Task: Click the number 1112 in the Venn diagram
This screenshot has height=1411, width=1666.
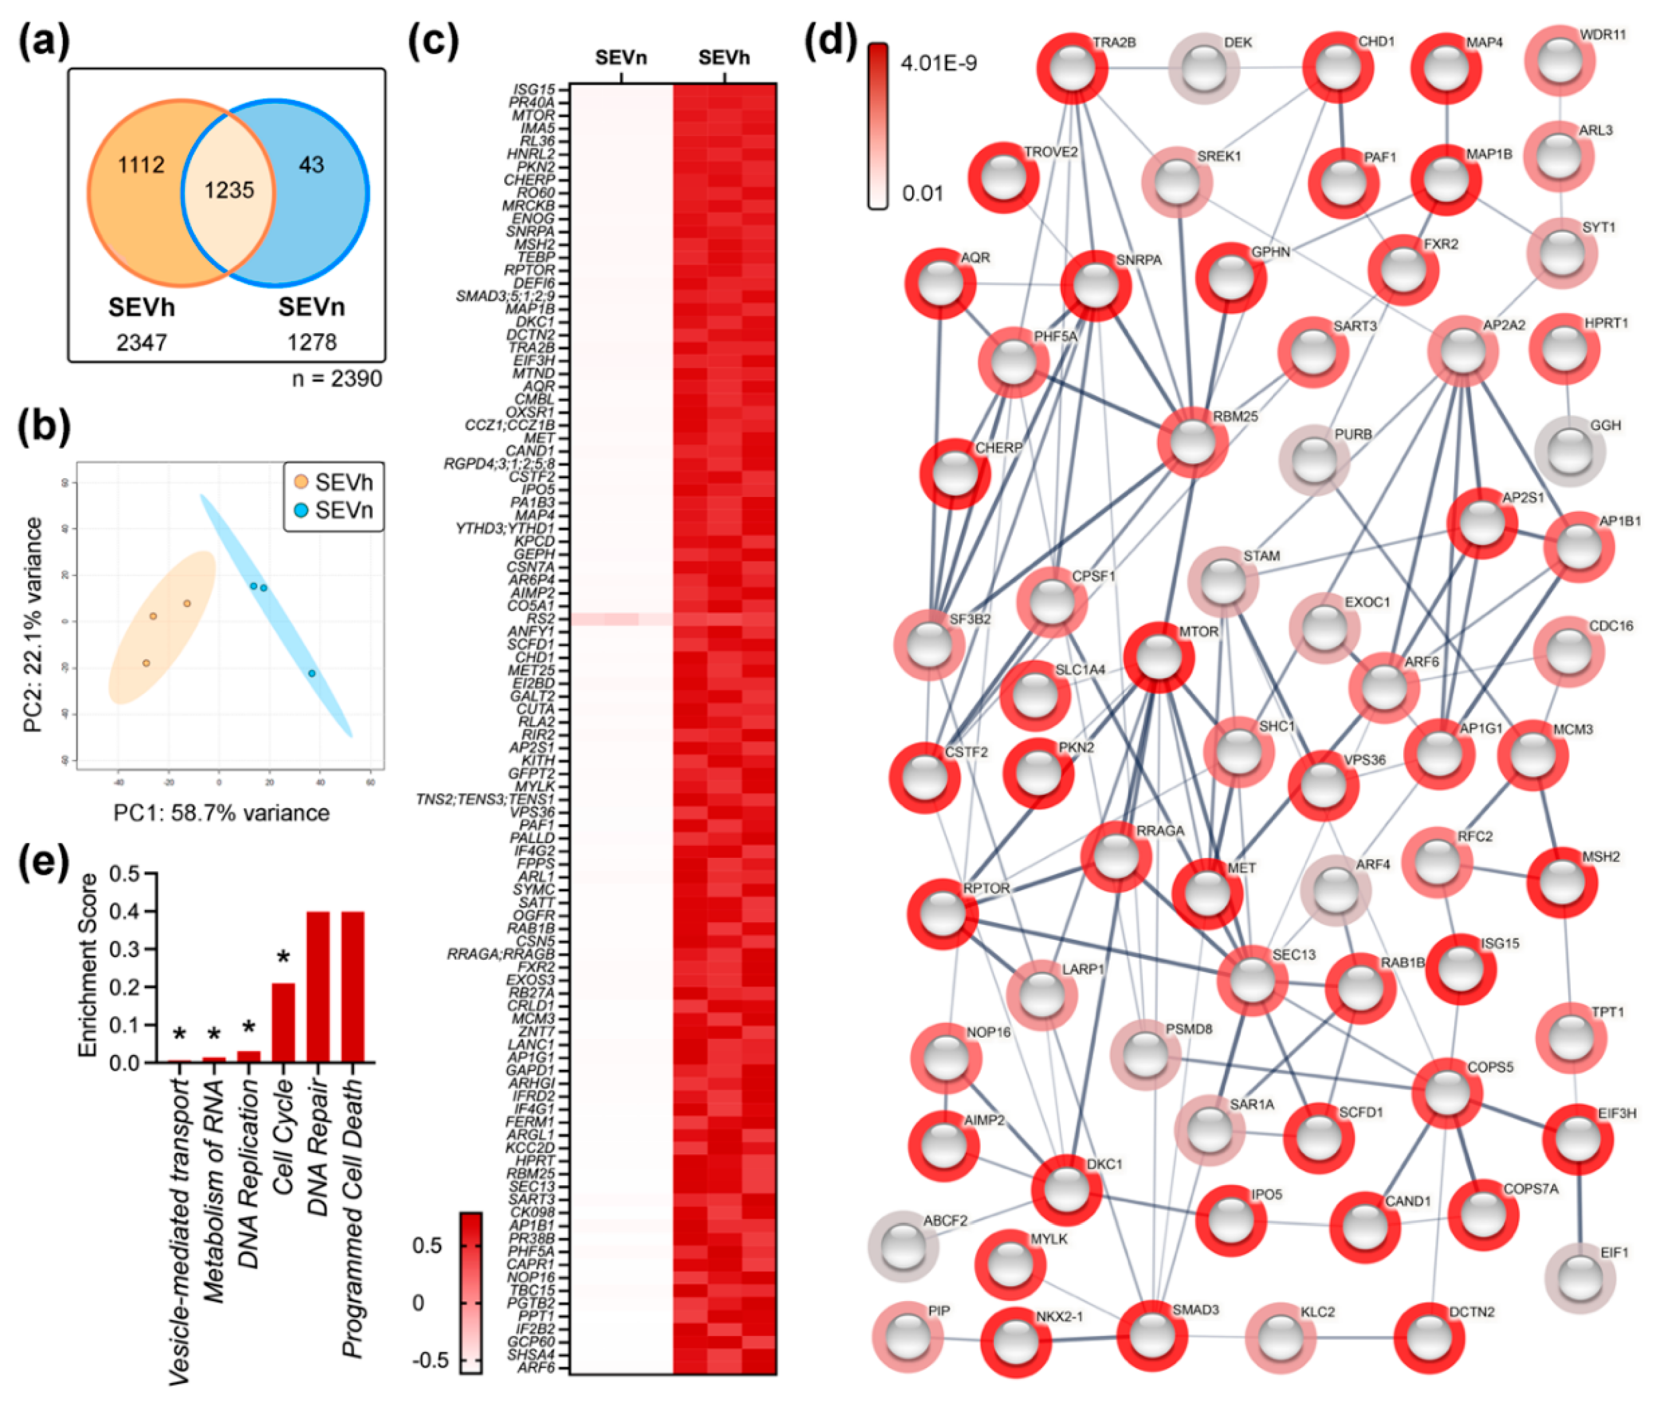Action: coord(141,165)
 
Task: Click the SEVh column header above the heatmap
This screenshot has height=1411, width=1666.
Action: coord(724,58)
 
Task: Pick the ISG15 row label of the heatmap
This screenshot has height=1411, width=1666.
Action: coord(534,90)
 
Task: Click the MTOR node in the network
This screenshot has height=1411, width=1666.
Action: coord(1159,658)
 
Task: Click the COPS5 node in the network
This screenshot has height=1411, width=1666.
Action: coord(1447,1093)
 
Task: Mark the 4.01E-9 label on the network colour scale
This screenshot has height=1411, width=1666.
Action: coord(938,63)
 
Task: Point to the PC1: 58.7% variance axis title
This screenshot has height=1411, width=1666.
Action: coord(221,812)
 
